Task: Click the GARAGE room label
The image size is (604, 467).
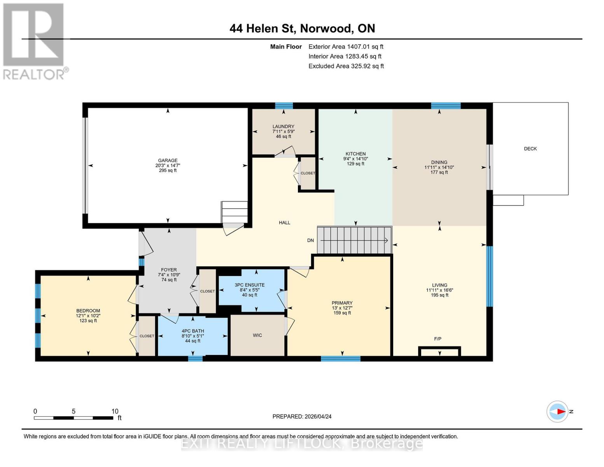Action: click(x=168, y=160)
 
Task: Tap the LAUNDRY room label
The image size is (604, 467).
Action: click(x=283, y=126)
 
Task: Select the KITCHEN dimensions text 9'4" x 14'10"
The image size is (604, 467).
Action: click(x=355, y=159)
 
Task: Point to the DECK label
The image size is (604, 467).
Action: click(x=530, y=149)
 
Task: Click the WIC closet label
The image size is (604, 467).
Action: click(x=257, y=335)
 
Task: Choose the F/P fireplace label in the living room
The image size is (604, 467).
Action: click(x=438, y=339)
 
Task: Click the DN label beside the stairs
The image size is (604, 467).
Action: click(x=310, y=241)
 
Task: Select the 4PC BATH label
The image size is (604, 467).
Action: click(x=193, y=331)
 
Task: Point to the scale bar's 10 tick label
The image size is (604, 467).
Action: click(x=115, y=411)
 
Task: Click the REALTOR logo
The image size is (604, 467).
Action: click(x=34, y=41)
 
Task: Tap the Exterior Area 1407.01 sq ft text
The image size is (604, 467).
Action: click(x=346, y=47)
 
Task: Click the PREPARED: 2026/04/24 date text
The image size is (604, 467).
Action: click(x=302, y=416)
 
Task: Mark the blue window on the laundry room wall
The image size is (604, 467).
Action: click(x=284, y=105)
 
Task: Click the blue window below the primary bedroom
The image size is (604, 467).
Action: click(x=340, y=358)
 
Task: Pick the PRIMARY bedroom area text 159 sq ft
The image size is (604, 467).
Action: click(x=342, y=313)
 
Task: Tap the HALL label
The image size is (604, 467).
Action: click(x=284, y=223)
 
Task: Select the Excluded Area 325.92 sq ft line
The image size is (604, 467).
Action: click(x=346, y=66)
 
